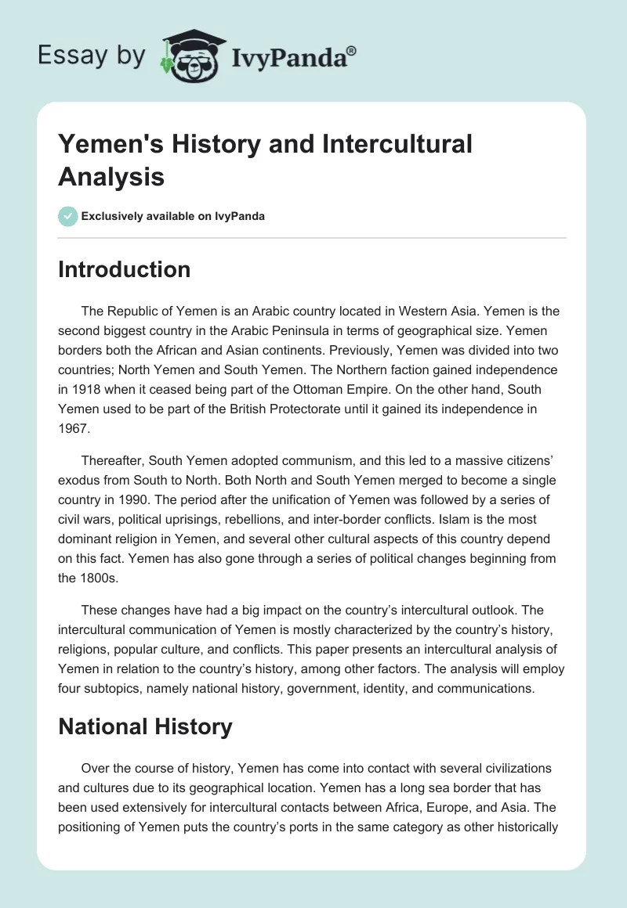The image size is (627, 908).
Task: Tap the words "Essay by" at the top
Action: pyautogui.click(x=91, y=56)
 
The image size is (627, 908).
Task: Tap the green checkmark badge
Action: pyautogui.click(x=68, y=216)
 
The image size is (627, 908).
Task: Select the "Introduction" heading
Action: pyautogui.click(x=124, y=269)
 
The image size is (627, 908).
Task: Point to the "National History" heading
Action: pyautogui.click(x=145, y=726)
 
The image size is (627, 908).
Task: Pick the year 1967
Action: pyautogui.click(x=74, y=430)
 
